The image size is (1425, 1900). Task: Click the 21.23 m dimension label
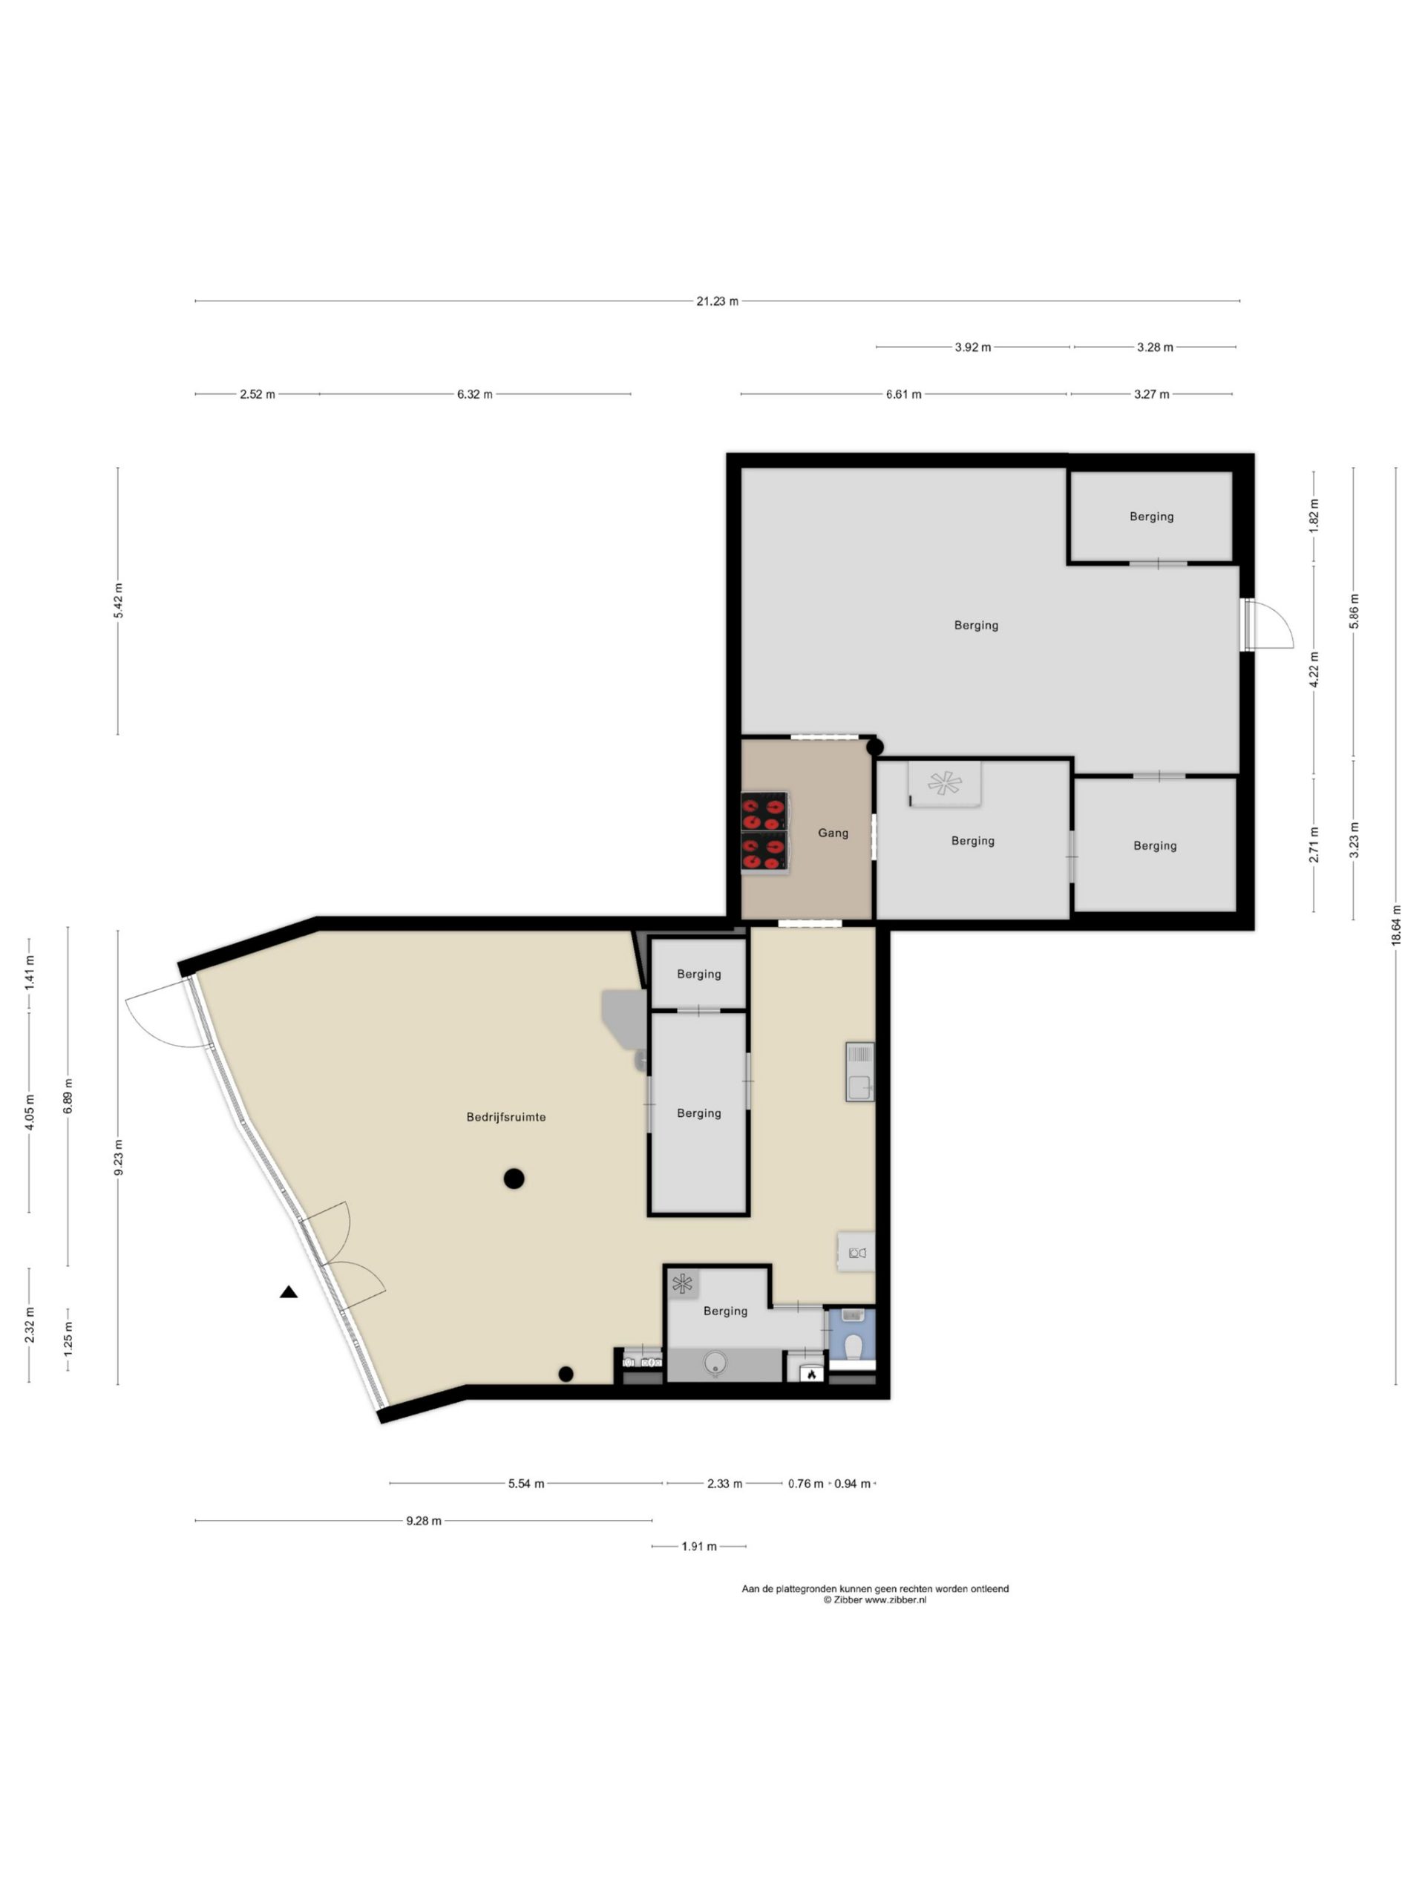(717, 301)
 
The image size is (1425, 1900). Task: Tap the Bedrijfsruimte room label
(506, 1118)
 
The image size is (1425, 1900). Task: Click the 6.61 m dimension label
(904, 394)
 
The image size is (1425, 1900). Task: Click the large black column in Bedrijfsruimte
(514, 1179)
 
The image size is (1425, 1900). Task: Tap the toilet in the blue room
(854, 1348)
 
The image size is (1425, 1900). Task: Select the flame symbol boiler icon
(810, 1375)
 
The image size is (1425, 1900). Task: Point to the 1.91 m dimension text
(698, 1546)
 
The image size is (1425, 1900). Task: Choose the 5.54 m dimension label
(525, 1484)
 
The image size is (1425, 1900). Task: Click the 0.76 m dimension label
(806, 1484)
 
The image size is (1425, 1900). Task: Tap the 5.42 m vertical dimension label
(118, 600)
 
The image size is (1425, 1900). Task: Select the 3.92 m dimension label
(972, 348)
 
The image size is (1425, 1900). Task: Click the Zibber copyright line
(874, 1600)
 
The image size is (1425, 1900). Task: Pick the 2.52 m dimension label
(258, 394)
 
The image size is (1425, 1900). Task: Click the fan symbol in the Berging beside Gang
(944, 782)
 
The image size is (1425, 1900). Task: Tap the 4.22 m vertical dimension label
(1314, 669)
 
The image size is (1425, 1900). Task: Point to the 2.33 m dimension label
(724, 1484)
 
